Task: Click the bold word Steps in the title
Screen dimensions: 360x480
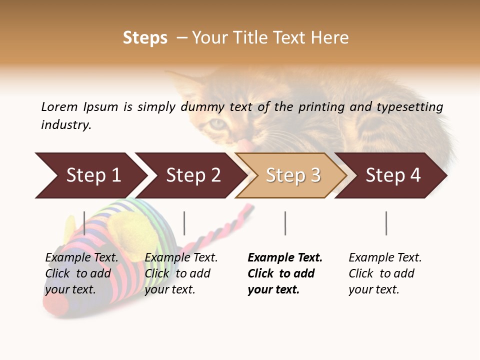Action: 145,38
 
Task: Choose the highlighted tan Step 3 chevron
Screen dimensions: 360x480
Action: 293,175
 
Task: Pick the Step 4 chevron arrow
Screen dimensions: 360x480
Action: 393,175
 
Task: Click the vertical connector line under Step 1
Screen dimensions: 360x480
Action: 84,223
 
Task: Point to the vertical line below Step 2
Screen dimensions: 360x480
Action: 184,223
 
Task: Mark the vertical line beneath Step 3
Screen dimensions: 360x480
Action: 285,223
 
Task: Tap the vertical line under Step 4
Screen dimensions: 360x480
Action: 386,223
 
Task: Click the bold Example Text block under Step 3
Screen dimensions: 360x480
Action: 284,273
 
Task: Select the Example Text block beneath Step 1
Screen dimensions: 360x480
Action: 81,273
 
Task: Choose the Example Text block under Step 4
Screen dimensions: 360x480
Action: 385,273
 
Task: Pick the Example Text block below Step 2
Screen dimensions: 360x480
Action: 180,273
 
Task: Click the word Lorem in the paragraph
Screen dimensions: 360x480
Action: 59,107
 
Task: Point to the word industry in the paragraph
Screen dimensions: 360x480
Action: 66,125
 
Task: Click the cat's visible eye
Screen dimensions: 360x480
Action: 218,123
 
